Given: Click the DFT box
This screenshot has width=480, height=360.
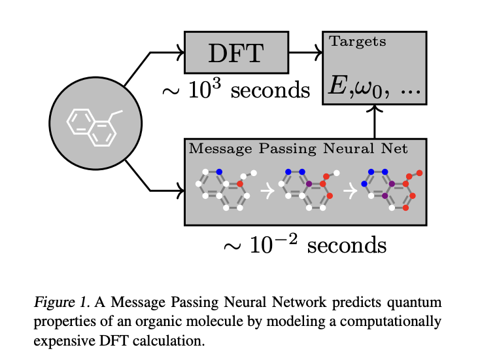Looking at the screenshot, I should [237, 52].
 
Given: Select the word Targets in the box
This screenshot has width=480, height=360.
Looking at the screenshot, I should [358, 43].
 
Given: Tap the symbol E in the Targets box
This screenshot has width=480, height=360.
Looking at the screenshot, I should [339, 86].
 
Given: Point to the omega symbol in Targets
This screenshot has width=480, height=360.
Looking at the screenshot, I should [362, 87].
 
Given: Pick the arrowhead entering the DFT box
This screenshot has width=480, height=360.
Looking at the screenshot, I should [181, 52].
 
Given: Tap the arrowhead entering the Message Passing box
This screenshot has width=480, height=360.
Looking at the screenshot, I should [181, 191].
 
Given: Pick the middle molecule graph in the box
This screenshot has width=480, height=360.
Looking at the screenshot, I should [308, 190].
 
